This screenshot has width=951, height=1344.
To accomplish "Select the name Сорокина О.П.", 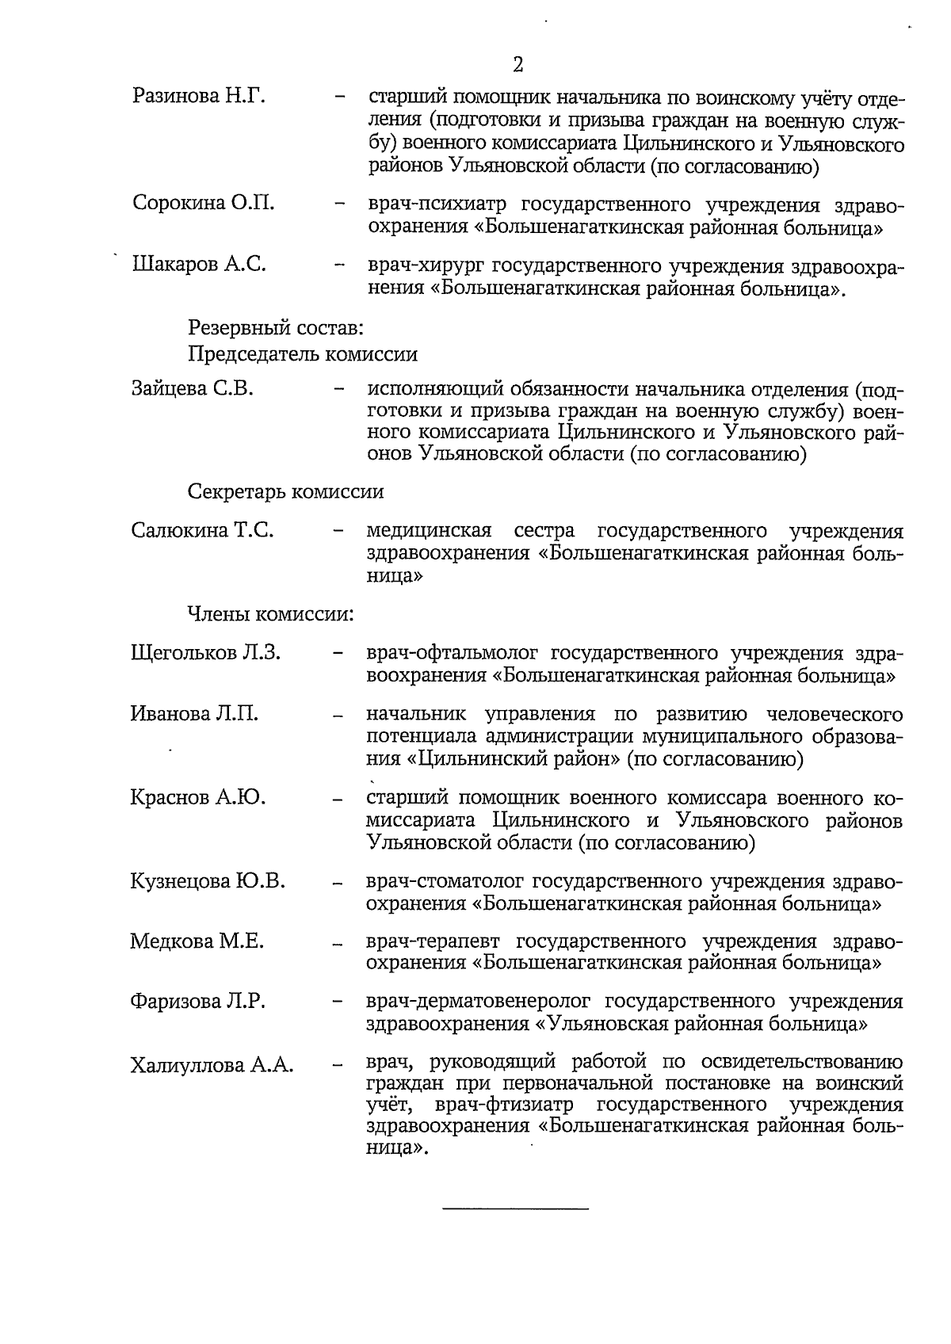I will [x=204, y=202].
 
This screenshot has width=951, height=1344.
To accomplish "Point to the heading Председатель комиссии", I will [x=303, y=353].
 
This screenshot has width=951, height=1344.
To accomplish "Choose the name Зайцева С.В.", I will [x=193, y=388].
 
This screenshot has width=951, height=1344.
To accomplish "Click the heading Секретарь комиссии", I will [x=285, y=491].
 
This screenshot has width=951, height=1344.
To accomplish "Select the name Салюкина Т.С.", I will [x=203, y=530].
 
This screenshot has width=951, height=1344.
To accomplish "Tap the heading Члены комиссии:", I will [x=269, y=614].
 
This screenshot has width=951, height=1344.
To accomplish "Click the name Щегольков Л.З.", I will [x=206, y=653].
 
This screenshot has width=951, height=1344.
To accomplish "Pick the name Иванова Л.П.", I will [x=195, y=713].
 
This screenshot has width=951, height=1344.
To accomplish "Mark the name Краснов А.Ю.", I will [x=198, y=797].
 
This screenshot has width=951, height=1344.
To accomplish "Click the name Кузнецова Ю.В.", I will [x=208, y=881].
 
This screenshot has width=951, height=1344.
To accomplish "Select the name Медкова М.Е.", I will [x=197, y=941].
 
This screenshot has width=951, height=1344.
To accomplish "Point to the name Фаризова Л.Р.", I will [x=198, y=1002].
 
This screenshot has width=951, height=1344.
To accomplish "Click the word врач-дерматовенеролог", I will [x=478, y=1002].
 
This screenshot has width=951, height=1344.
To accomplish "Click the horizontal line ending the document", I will [x=515, y=1208].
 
